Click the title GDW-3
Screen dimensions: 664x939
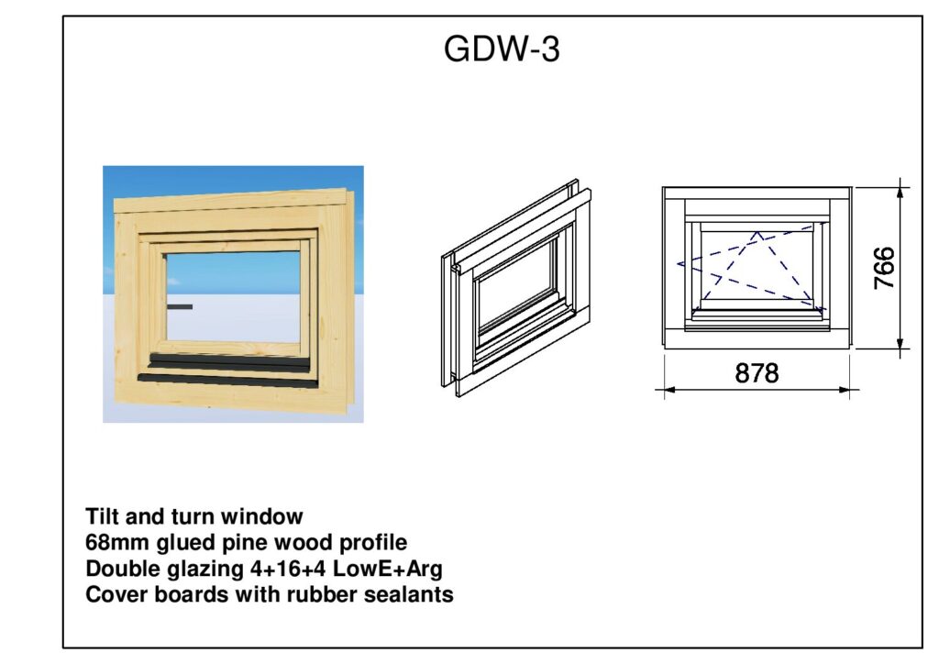[x=501, y=50]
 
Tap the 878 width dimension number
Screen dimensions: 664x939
[x=757, y=373]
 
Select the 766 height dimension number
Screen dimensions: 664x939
[x=884, y=268]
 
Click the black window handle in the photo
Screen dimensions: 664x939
[x=180, y=306]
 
